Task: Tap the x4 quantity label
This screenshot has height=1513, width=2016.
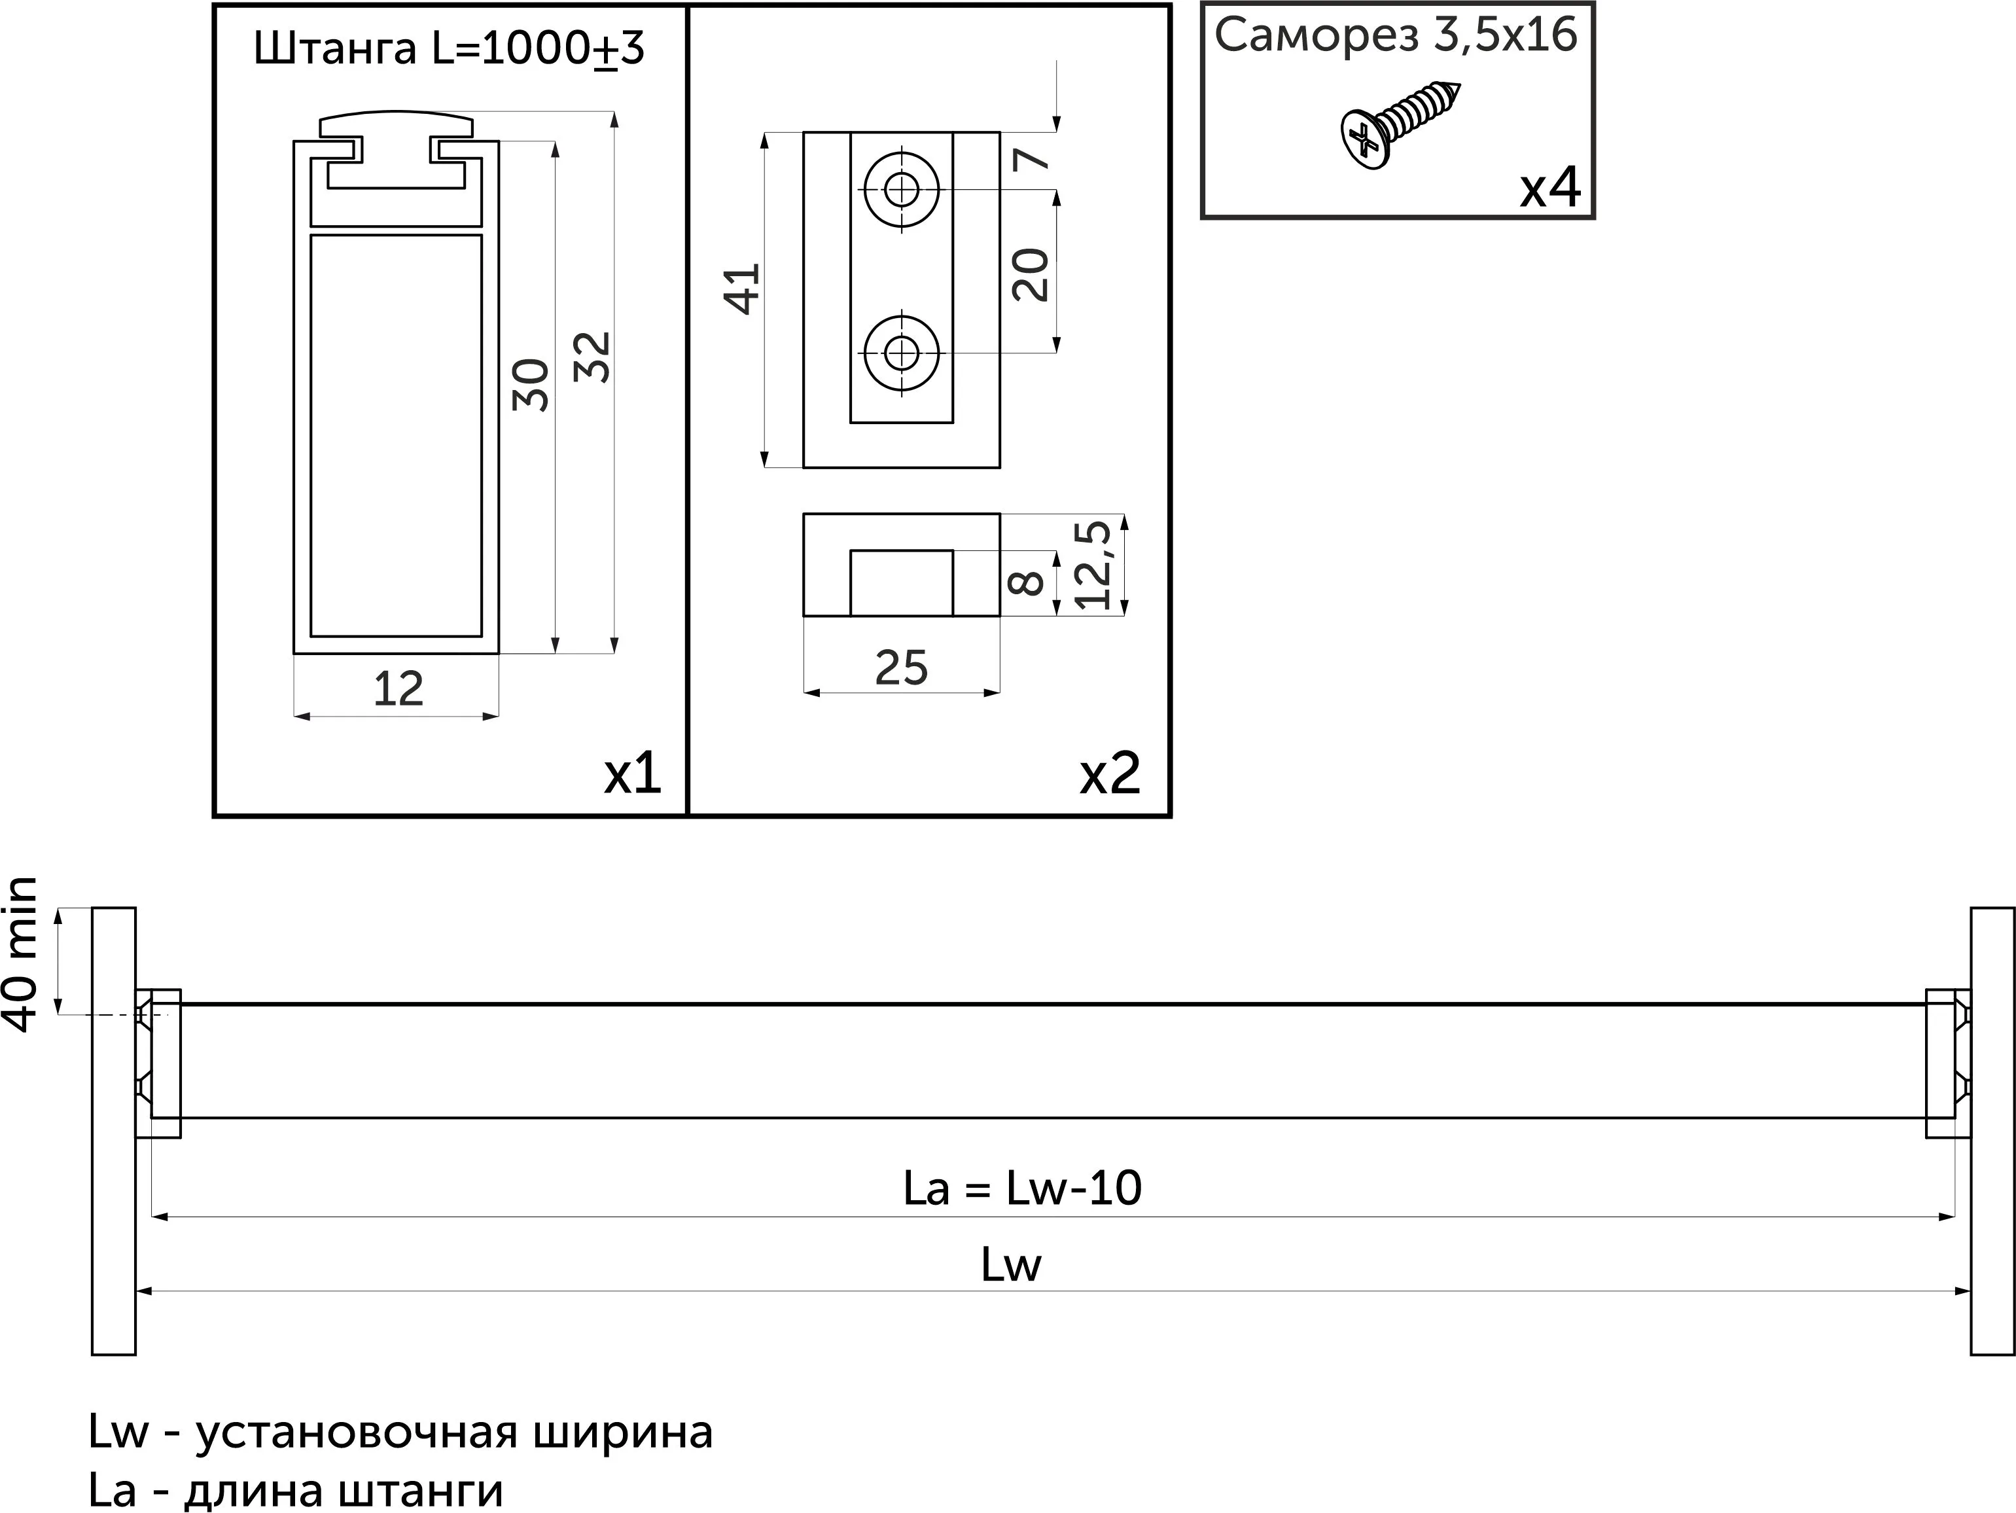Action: [x=1549, y=188]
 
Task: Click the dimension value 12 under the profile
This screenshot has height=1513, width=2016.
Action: [x=398, y=689]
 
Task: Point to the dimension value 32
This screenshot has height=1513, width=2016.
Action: [x=595, y=357]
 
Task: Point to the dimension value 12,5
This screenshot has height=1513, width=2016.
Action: [x=1093, y=565]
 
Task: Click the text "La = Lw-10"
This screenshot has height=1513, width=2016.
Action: [x=1021, y=1188]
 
